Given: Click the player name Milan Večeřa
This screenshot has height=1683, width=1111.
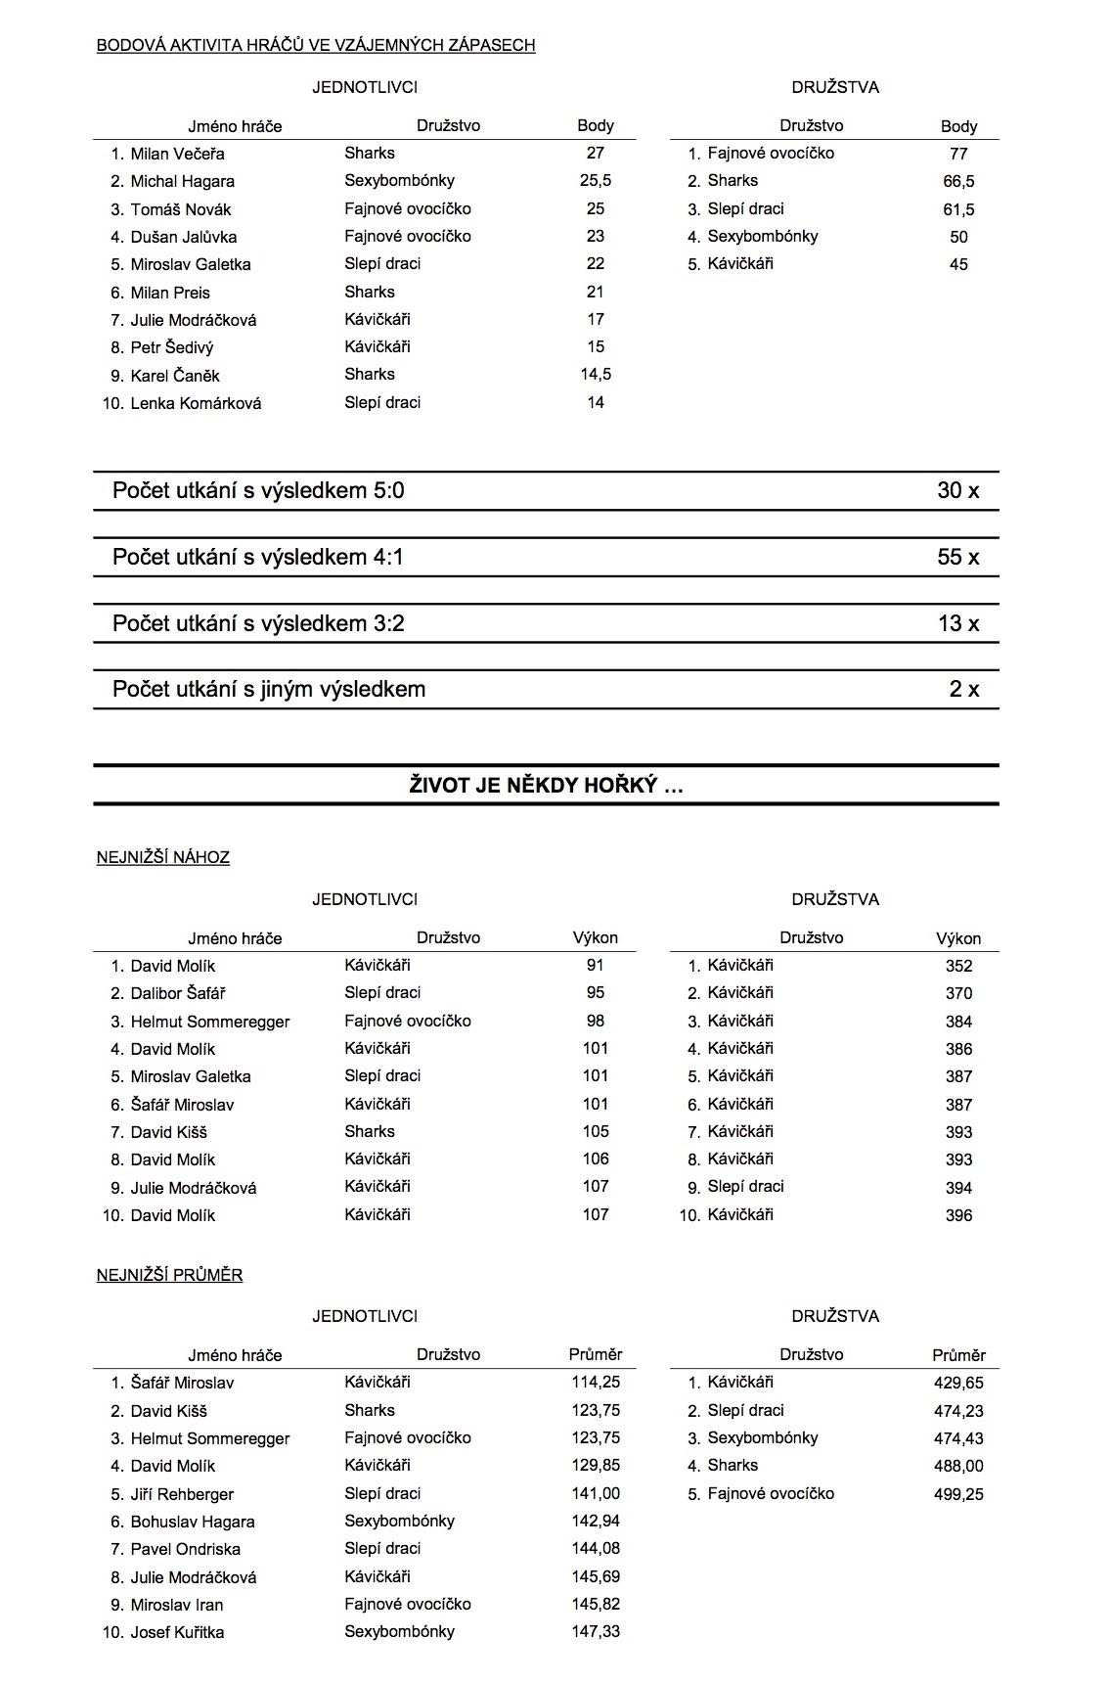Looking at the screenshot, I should (x=177, y=154).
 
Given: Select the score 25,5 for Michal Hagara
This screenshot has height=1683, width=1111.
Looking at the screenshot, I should (x=595, y=181).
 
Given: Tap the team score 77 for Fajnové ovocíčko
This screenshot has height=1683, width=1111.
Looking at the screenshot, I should (x=958, y=154).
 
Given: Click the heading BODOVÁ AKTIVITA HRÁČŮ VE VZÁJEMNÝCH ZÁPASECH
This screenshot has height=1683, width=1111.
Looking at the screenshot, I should (x=316, y=45).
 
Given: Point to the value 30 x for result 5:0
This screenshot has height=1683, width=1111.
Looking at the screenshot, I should (x=957, y=491).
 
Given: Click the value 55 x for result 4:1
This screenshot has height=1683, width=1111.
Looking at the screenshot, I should (x=957, y=558).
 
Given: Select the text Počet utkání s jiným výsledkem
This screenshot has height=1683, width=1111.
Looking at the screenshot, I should (x=269, y=690).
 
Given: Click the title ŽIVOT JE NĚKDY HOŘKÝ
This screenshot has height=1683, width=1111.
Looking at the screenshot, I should (x=546, y=786).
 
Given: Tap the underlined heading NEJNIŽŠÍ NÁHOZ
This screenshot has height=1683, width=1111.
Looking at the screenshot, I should (x=163, y=858).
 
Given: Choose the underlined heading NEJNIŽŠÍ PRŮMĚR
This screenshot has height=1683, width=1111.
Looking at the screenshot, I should (x=169, y=1275).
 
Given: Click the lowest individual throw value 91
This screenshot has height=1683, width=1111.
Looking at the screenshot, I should (x=595, y=966).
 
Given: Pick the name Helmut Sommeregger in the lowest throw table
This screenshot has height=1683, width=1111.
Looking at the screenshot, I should (x=210, y=1022).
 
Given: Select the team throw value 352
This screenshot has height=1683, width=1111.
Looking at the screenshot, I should (x=958, y=966).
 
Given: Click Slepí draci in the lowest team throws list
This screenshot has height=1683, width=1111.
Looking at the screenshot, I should (x=745, y=1187).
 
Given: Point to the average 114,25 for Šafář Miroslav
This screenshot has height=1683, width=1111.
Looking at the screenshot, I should (x=595, y=1383).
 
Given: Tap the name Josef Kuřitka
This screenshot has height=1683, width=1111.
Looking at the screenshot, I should (x=177, y=1632).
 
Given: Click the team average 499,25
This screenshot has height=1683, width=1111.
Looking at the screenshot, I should (x=958, y=1494).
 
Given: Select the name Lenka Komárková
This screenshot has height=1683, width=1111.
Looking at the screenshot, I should (x=196, y=403).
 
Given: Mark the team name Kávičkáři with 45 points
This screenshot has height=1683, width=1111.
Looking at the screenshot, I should (x=740, y=264).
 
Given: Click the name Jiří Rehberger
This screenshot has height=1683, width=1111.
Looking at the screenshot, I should (x=182, y=1494).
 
